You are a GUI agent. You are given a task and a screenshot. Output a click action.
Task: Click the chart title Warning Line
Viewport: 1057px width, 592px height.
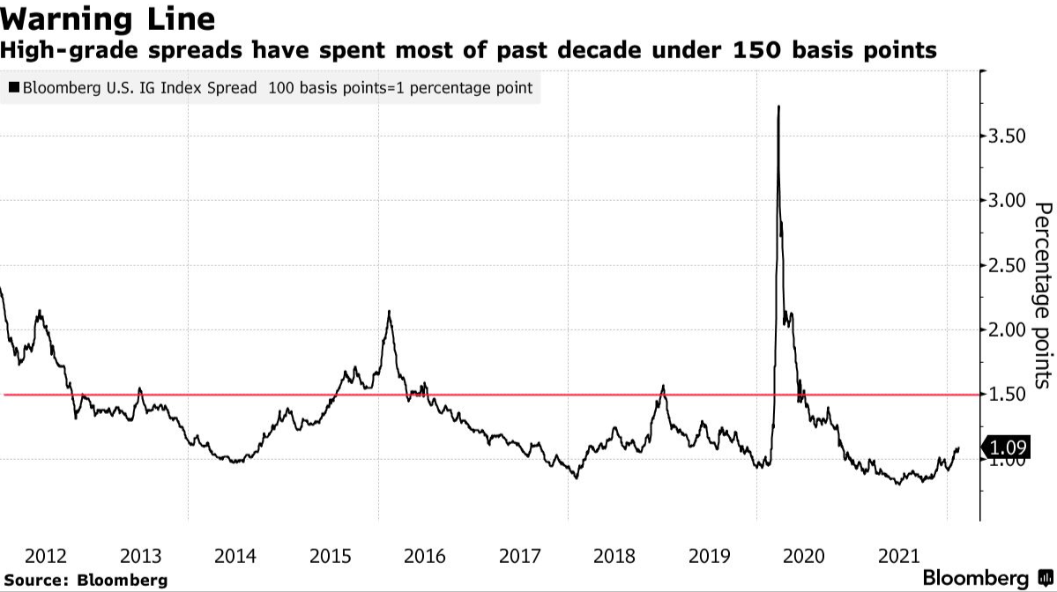pyautogui.click(x=108, y=18)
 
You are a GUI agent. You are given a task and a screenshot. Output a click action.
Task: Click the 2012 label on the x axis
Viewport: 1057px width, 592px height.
pyautogui.click(x=45, y=556)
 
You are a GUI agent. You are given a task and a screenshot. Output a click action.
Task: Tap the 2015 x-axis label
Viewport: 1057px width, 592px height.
pyautogui.click(x=331, y=556)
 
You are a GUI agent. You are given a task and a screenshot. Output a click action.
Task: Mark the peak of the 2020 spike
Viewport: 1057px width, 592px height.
pyautogui.click(x=778, y=107)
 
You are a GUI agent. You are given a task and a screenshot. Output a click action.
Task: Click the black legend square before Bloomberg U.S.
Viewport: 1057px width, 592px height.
pyautogui.click(x=13, y=88)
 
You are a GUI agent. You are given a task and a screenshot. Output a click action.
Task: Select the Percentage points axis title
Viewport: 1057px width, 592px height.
pyautogui.click(x=1043, y=294)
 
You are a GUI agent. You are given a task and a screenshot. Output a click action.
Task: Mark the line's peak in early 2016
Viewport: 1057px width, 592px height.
pyautogui.click(x=389, y=311)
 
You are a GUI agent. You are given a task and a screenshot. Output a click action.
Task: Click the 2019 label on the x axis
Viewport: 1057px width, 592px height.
pyautogui.click(x=711, y=556)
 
